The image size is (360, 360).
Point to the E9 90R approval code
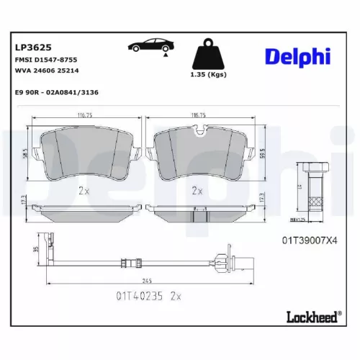55,94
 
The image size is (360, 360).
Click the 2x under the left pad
83,192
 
